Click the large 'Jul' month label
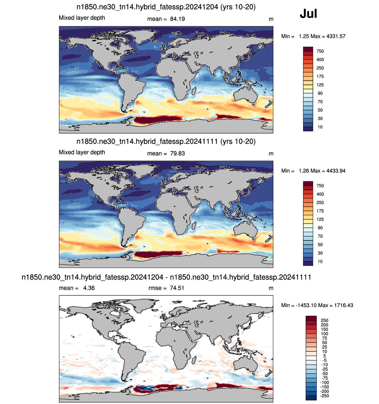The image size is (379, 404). pyautogui.click(x=308, y=14)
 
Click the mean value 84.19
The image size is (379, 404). pyautogui.click(x=178, y=19)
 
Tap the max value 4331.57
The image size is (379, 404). pyautogui.click(x=336, y=36)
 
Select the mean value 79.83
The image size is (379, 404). pyautogui.click(x=178, y=153)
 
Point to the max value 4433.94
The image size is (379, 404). pyautogui.click(x=336, y=171)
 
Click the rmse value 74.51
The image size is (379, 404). pyautogui.click(x=177, y=288)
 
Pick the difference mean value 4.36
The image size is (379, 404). pyautogui.click(x=89, y=288)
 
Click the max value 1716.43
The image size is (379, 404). pyautogui.click(x=343, y=305)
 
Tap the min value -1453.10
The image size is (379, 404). pyautogui.click(x=306, y=305)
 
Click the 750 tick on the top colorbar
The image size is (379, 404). pyautogui.click(x=320, y=51)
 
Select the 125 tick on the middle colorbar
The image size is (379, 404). pyautogui.click(x=320, y=219)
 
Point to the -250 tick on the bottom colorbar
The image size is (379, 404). pyautogui.click(x=325, y=396)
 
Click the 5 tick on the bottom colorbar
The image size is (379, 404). pyautogui.click(x=325, y=356)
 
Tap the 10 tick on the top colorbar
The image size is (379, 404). pyautogui.click(x=320, y=127)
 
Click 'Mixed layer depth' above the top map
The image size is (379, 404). pyautogui.click(x=82, y=18)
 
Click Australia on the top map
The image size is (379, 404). pyautogui.click(x=245, y=95)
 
